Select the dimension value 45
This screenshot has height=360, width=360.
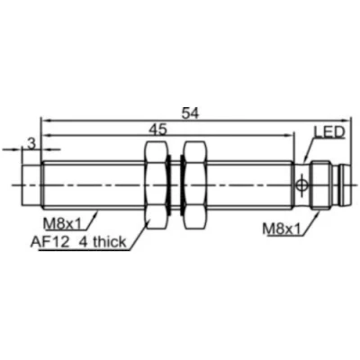pos(158,130)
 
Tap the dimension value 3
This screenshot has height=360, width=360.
pos(31,143)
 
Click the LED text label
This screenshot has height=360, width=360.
pos(328,133)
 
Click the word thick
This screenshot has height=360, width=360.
pos(112,240)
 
